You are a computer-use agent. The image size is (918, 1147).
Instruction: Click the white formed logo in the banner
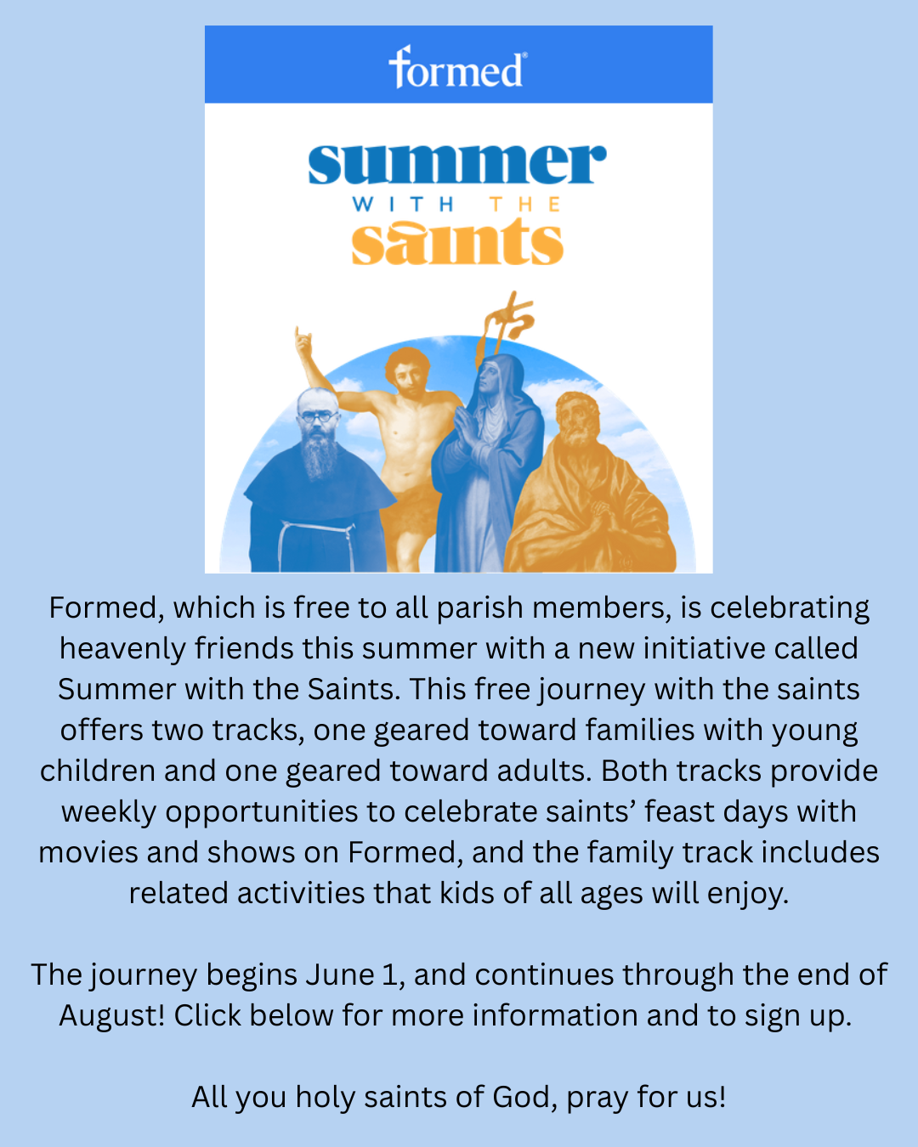pyautogui.click(x=458, y=67)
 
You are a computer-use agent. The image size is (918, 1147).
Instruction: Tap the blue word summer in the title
pyautogui.click(x=457, y=164)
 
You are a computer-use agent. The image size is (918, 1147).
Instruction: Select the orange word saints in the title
pyautogui.click(x=457, y=242)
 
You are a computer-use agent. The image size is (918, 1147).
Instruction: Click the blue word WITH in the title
pyautogui.click(x=403, y=204)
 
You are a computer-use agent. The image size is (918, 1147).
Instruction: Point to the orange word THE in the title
pyautogui.click(x=525, y=204)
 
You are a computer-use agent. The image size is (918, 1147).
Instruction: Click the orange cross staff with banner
pyautogui.click(x=506, y=325)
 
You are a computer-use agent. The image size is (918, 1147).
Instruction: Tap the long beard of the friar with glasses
pyautogui.click(x=319, y=454)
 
